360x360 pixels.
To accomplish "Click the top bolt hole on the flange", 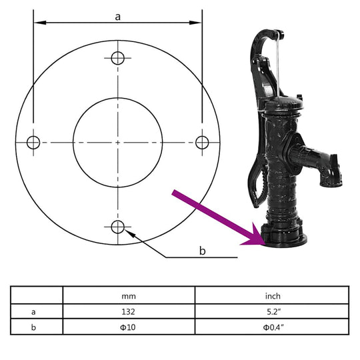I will point(117,57).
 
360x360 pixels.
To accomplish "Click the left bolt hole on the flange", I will point(33,142).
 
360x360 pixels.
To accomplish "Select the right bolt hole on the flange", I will point(202,142).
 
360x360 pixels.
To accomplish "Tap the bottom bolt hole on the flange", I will point(117,227).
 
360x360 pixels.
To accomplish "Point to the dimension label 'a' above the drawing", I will point(117,17).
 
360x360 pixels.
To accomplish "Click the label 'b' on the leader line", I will point(203,251).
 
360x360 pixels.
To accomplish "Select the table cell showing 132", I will point(129,311).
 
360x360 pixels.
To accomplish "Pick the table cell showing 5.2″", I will point(273,311).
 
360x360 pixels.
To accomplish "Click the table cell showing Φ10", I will point(129,327).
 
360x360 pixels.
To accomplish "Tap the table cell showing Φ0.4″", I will point(273,327).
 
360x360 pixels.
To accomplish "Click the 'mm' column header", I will point(129,296).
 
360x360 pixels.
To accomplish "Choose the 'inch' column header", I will point(273,296).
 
